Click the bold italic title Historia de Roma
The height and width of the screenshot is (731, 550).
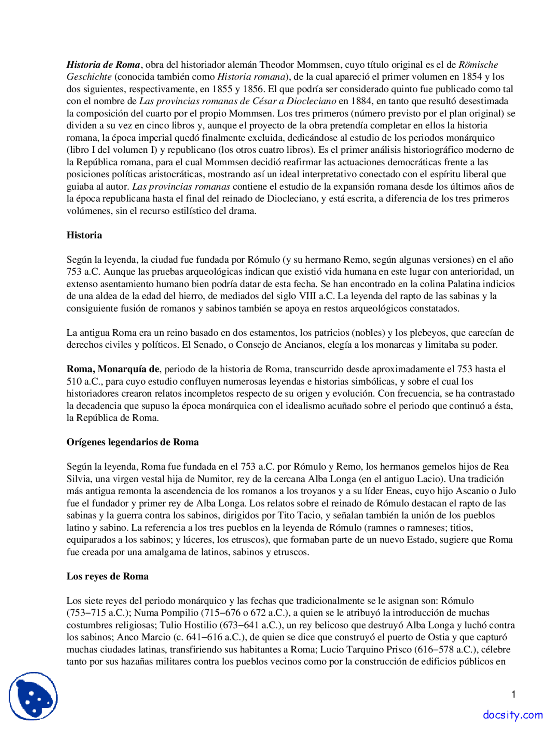(103, 65)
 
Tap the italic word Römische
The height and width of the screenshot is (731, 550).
(478, 65)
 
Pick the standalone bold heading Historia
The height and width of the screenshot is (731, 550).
(84, 235)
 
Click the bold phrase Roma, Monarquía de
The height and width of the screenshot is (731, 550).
(113, 369)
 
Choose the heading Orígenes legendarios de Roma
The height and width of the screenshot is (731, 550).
(132, 442)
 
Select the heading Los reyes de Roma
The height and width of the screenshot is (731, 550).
(107, 576)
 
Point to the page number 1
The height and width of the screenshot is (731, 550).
(513, 695)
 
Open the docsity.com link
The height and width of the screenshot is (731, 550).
(513, 715)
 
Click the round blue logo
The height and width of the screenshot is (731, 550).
(33, 696)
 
